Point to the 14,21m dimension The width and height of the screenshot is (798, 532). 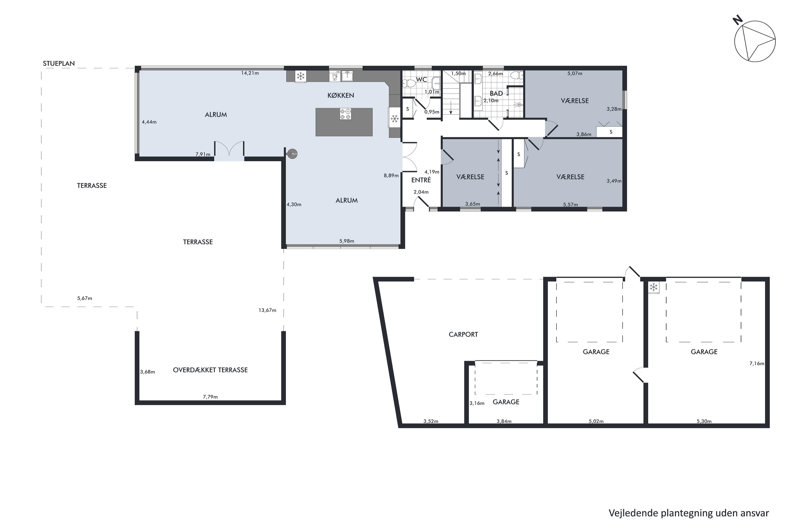pyautogui.click(x=250, y=73)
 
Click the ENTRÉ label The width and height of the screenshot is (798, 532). pyautogui.click(x=421, y=180)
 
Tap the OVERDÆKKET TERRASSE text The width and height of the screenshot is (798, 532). pyautogui.click(x=210, y=370)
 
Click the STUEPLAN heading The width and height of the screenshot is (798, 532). pyautogui.click(x=59, y=64)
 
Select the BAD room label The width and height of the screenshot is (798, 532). pyautogui.click(x=496, y=94)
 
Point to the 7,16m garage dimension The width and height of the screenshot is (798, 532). pyautogui.click(x=757, y=364)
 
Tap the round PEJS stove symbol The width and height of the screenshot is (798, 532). pyautogui.click(x=292, y=154)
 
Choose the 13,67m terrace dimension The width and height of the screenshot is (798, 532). pyautogui.click(x=267, y=310)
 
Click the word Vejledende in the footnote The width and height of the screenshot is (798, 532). pyautogui.click(x=633, y=513)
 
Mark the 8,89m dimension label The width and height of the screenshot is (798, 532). pyautogui.click(x=391, y=175)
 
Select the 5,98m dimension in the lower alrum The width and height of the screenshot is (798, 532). pyautogui.click(x=347, y=241)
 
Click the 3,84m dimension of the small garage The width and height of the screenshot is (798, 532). pyautogui.click(x=504, y=421)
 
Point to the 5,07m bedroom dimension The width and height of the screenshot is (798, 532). pyautogui.click(x=575, y=73)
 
